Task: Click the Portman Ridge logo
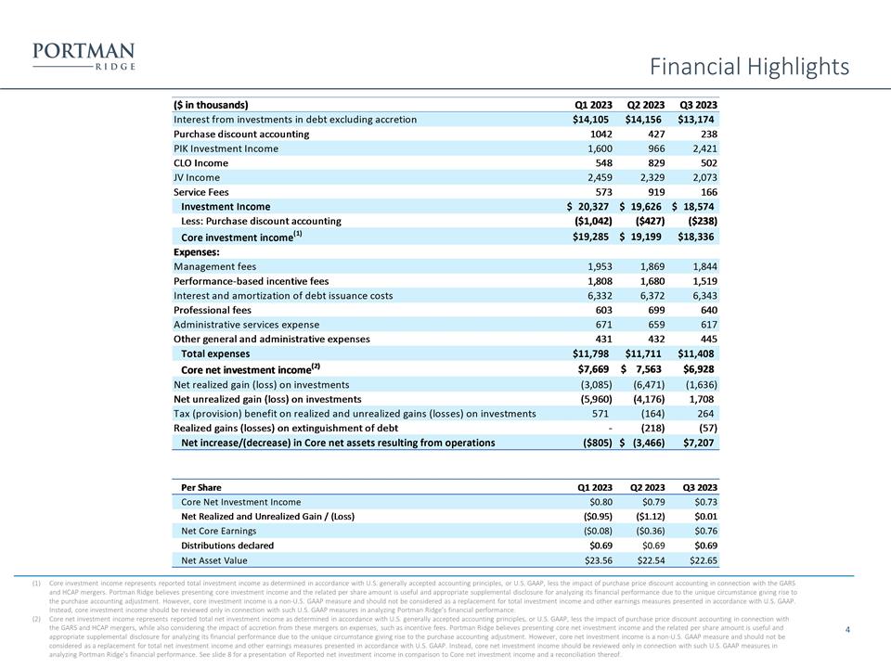click(x=84, y=56)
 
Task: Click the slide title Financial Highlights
click(x=749, y=67)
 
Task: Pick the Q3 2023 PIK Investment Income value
click(x=701, y=148)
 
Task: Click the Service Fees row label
click(x=200, y=192)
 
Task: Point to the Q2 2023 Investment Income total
click(x=644, y=207)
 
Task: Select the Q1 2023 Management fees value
click(x=594, y=266)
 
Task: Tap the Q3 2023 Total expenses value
click(x=698, y=354)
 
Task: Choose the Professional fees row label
click(x=213, y=310)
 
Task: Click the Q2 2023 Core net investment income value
click(x=644, y=369)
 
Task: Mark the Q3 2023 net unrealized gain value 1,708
click(x=701, y=399)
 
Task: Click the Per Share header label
click(x=200, y=487)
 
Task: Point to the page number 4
click(x=848, y=630)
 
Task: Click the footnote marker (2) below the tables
click(x=36, y=619)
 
